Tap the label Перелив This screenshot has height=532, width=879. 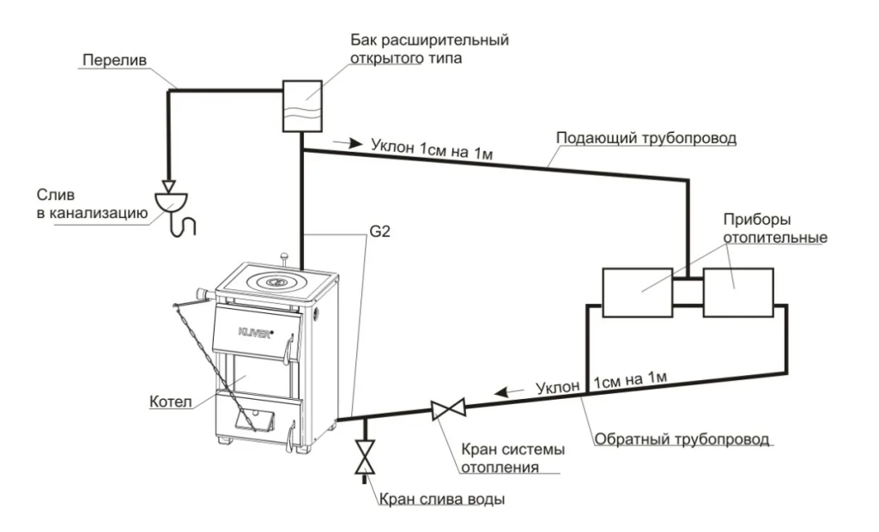[118, 61]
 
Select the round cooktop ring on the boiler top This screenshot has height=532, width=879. [275, 281]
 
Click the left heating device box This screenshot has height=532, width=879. [637, 292]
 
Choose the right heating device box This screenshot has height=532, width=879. [737, 292]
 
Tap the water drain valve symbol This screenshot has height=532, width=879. [366, 456]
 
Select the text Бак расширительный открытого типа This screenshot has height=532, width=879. [429, 51]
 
